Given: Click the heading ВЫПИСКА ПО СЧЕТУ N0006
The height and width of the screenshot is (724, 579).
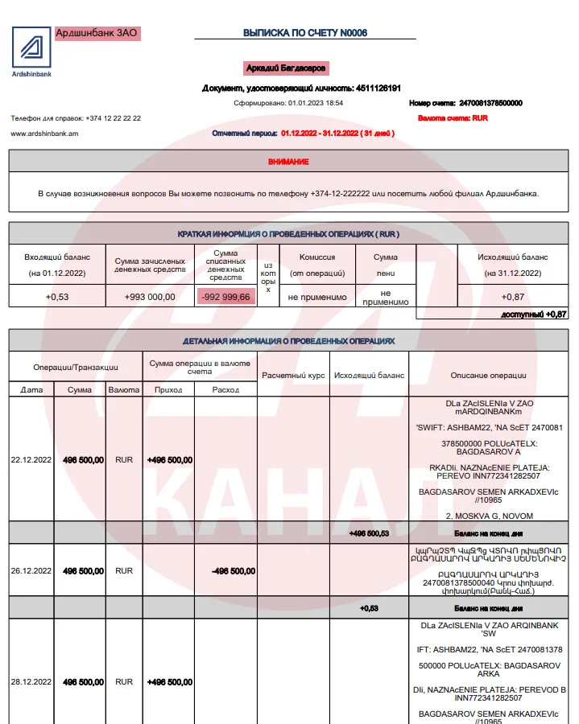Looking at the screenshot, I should click(305, 33).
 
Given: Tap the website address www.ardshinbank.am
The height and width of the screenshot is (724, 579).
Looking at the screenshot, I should click(44, 134).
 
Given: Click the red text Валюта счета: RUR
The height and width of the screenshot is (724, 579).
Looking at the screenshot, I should click(453, 118).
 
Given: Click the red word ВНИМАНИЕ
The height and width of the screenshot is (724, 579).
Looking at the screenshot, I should click(288, 162).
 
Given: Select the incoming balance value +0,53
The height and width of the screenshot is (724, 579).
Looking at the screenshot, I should click(56, 297).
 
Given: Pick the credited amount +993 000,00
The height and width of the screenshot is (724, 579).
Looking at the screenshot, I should click(150, 297).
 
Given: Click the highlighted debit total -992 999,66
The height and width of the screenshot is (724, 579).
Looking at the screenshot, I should click(225, 297).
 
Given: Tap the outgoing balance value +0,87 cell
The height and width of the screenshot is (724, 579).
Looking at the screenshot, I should click(512, 297).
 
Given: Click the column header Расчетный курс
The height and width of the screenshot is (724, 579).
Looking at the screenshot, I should click(293, 375).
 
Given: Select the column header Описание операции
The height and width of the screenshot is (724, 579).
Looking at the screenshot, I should click(488, 375).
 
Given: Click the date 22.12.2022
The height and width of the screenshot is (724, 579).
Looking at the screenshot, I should click(31, 460).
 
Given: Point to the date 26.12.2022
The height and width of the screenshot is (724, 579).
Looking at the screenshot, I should click(31, 571).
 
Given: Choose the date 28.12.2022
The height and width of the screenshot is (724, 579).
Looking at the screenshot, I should click(31, 682).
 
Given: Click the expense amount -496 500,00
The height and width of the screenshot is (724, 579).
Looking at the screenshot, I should click(234, 571).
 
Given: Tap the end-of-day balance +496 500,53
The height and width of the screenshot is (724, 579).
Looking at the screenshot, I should click(369, 533).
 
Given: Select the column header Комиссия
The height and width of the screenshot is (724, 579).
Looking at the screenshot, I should click(316, 257).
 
